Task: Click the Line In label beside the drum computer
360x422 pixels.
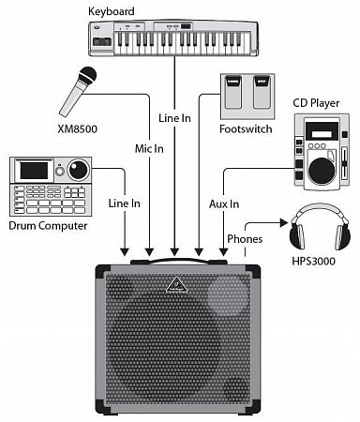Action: pos(124,203)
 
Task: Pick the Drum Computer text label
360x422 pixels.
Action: pos(46,225)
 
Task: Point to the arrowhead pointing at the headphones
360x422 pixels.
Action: pos(284,222)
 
